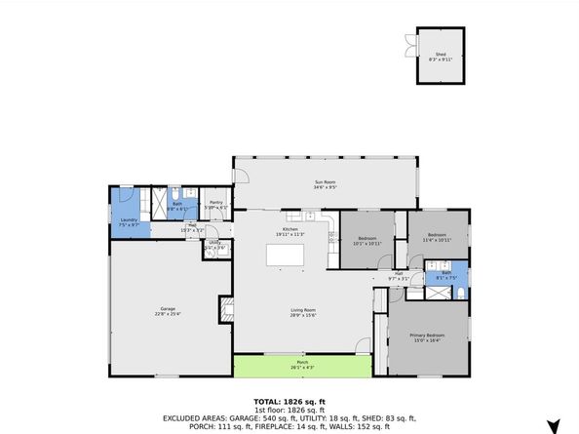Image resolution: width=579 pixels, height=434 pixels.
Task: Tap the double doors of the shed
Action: tap(406, 43)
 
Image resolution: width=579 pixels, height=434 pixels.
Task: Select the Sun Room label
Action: tap(325, 181)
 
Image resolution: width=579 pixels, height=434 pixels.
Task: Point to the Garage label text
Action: tap(168, 309)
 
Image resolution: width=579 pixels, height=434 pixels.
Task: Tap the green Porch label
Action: tap(302, 366)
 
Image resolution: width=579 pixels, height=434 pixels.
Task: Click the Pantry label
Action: tap(216, 203)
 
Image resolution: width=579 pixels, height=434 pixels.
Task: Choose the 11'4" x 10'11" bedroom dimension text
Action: tap(436, 240)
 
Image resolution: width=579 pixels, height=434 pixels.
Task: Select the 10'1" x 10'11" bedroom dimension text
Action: tap(367, 243)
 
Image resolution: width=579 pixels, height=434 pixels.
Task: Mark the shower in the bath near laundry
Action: tap(154, 203)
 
